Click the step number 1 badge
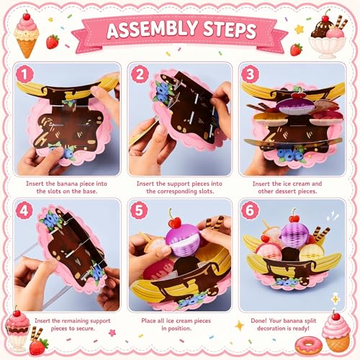tap(24, 74)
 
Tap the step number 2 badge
tap(140, 74)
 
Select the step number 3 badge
tap(250, 74)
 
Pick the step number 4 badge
tap(24, 211)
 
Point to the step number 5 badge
tap(139, 211)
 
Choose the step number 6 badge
tap(250, 211)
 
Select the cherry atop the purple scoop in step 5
tap(175, 222)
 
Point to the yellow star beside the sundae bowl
tap(300, 30)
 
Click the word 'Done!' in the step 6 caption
tap(258, 320)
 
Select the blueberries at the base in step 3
tap(290, 155)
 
